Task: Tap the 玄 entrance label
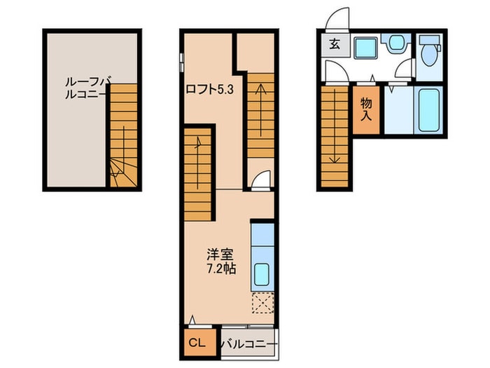[335, 46]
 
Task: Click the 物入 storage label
[365, 109]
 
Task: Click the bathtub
[427, 110]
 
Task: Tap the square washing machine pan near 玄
[365, 47]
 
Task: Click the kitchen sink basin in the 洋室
[260, 273]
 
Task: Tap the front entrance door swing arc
[338, 17]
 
